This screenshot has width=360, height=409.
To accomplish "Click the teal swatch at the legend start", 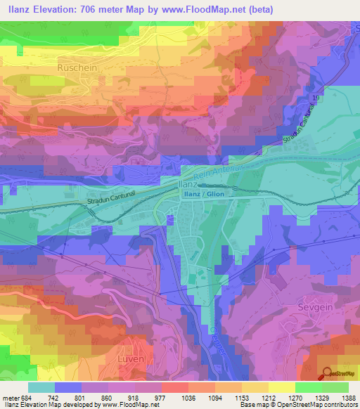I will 41,387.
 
